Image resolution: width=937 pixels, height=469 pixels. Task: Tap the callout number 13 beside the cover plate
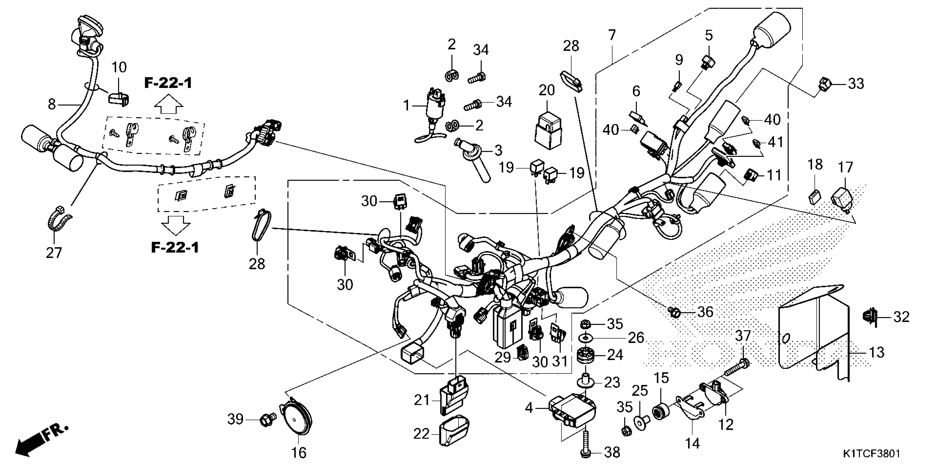[877, 353]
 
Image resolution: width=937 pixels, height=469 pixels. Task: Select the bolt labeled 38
[586, 443]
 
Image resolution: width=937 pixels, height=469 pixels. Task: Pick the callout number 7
[612, 36]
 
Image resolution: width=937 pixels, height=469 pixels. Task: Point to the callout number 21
[422, 400]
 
